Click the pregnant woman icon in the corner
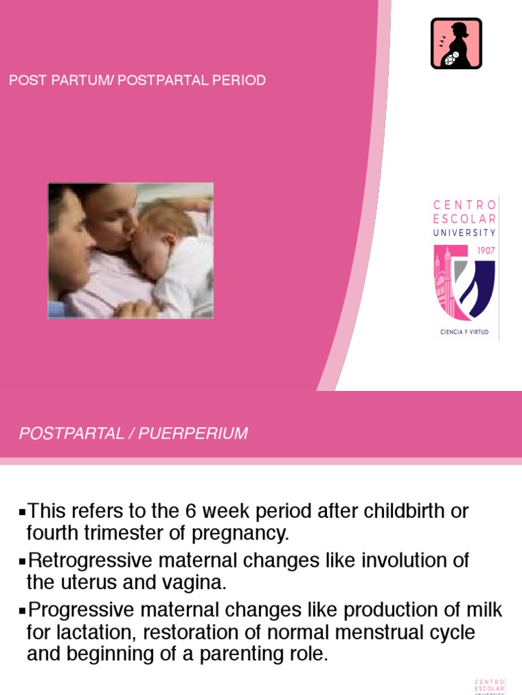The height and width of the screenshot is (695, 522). click(x=456, y=43)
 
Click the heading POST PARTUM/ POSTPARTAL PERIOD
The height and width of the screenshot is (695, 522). click(x=137, y=81)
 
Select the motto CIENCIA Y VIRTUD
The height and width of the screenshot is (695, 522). click(x=466, y=333)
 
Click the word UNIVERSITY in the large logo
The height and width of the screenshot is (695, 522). click(x=466, y=232)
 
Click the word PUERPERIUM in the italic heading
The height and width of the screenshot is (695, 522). click(x=194, y=434)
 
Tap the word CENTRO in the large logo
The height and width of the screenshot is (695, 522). click(x=466, y=204)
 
